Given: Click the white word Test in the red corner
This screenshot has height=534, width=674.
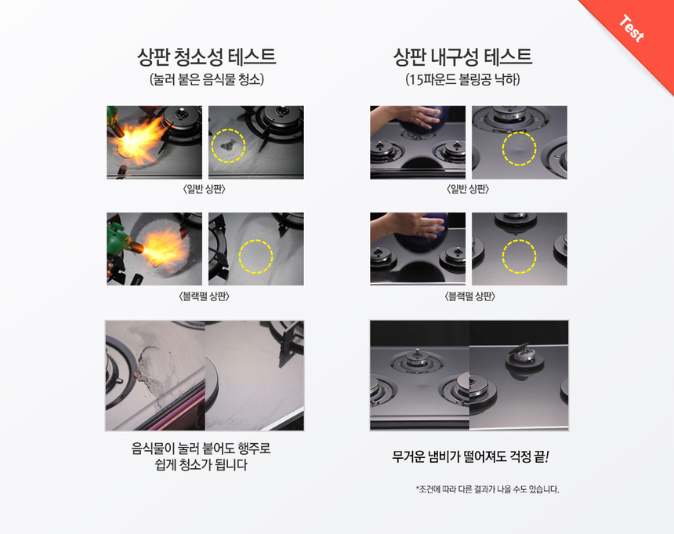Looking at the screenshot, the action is coord(632,28).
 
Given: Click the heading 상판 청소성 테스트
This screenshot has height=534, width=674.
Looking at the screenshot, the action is coord(206,56).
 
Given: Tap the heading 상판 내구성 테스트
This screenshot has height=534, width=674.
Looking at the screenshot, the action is coord(462,56).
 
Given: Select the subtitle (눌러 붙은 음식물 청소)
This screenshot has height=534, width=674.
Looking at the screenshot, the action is coord(207,79).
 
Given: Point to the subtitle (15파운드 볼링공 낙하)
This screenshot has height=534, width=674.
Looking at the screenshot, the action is coord(462,79).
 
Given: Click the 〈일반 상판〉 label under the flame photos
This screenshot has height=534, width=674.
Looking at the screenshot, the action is coord(205,189).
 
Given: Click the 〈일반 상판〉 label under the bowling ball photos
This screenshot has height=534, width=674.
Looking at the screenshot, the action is coord(468,189).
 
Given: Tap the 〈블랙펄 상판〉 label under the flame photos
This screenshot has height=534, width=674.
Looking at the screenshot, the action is coord(205,296).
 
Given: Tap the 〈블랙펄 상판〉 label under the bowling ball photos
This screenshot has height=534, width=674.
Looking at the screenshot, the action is coord(469,296).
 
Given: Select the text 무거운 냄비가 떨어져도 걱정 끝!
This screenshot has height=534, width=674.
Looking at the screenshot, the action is coord(470,456).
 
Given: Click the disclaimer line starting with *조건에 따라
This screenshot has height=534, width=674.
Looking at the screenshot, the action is coord(487,489).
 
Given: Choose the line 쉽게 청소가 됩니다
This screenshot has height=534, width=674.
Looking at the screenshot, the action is coord(201,465).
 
